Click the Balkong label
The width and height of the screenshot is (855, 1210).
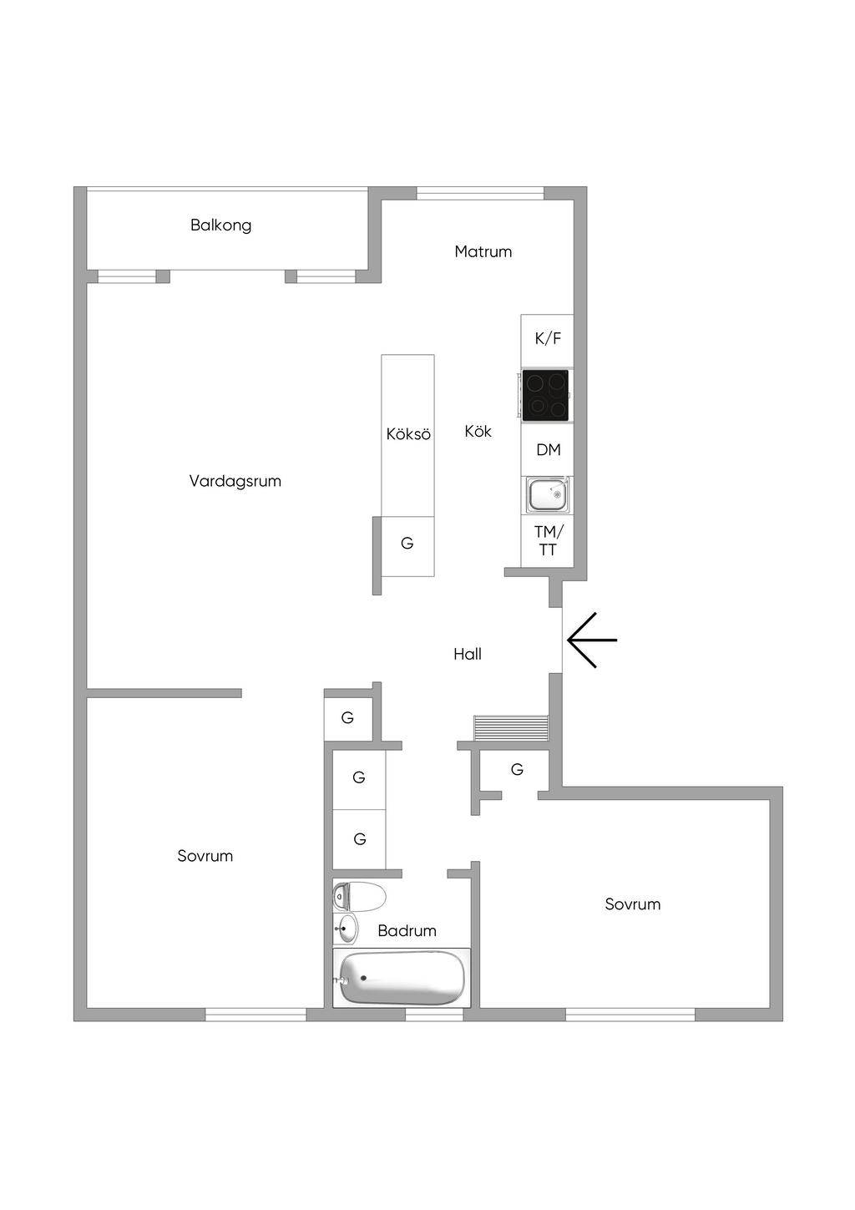pos(220,225)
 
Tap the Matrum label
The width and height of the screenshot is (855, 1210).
pos(483,251)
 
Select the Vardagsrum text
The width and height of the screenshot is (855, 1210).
pos(235,481)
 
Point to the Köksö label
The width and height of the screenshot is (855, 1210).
pos(408,434)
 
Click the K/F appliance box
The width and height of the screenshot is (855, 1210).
pos(548,339)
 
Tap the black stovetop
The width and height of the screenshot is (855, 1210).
pos(546,395)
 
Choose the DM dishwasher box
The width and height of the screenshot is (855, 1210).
pos(548,450)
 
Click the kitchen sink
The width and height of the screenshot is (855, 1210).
pos(548,495)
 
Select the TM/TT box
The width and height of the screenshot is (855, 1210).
pos(548,541)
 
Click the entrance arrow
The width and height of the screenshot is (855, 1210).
pos(591,640)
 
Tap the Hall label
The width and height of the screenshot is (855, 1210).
pos(468,654)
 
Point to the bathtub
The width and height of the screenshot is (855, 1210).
pos(401,978)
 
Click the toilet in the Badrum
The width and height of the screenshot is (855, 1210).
pos(360,897)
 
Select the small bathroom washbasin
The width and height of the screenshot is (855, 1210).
pos(346,929)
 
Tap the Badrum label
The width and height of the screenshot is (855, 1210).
pos(407,931)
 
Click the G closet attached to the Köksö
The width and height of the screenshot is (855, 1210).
pos(407,544)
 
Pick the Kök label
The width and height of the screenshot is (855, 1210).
pos(478,432)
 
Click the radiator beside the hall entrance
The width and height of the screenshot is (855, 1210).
pos(511,728)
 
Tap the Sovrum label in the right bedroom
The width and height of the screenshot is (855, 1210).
pos(632,904)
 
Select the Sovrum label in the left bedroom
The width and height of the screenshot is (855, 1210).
pos(205,856)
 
